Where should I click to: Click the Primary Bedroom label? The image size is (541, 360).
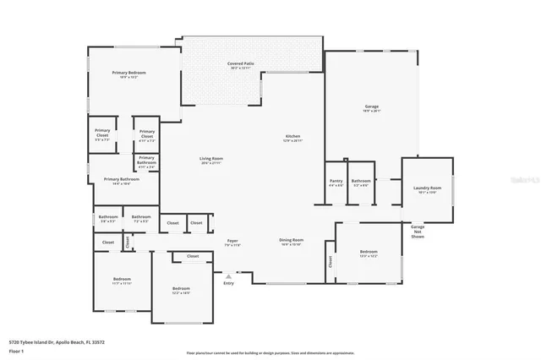[129, 74]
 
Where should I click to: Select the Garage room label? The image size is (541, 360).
[372, 106]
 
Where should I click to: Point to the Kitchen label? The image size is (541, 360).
[292, 137]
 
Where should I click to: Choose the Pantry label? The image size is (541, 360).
[336, 180]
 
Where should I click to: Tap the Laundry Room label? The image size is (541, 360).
[427, 188]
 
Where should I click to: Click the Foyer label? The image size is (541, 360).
[232, 241]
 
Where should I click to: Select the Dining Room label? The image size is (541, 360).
[292, 240]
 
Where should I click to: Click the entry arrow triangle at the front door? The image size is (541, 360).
[227, 275]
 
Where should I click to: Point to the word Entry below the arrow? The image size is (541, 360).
[228, 283]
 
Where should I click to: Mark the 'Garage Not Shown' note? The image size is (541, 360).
[418, 232]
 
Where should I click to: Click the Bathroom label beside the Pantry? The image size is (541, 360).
[361, 180]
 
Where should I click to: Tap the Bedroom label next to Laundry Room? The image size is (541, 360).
[369, 252]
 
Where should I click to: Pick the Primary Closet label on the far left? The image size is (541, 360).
[102, 132]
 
